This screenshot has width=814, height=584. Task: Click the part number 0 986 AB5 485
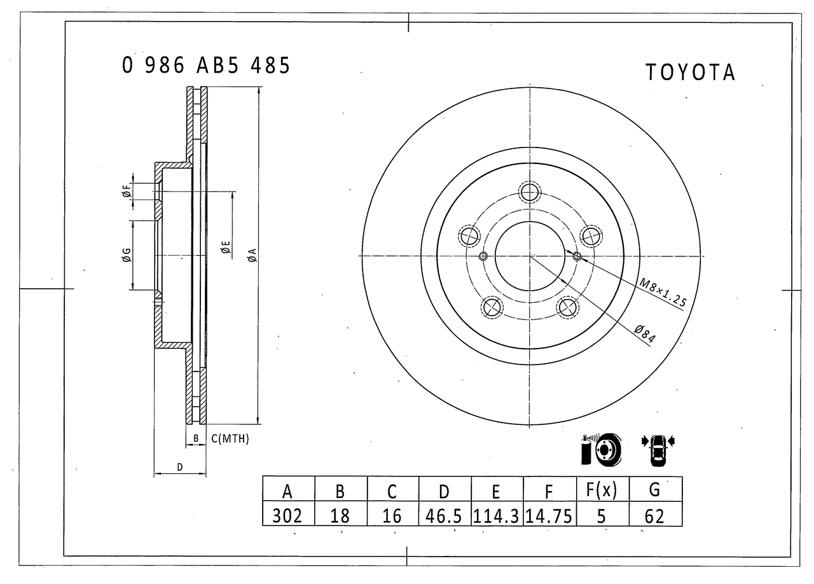[x=205, y=66]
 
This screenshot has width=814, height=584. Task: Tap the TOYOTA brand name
[x=691, y=72]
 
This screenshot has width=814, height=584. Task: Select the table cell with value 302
[x=287, y=516]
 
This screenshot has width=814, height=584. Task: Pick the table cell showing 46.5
[x=443, y=516]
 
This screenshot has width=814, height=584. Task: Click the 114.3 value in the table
[x=496, y=516]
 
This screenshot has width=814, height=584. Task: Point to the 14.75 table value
[x=549, y=516]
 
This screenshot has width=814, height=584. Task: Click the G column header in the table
[x=654, y=489]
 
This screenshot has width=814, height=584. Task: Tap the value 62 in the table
[x=654, y=516]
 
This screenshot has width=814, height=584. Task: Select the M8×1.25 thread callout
[x=663, y=293]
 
